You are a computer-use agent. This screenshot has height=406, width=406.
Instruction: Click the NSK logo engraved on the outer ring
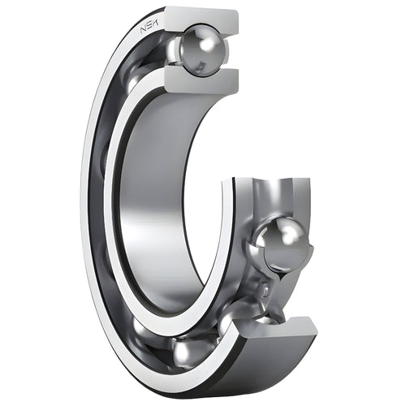pos(152,28)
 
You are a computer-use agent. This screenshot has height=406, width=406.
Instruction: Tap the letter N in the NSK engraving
pos(145,32)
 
